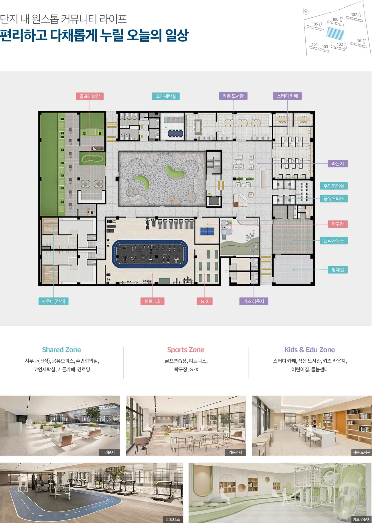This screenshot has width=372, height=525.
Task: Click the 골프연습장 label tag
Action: coord(90,96)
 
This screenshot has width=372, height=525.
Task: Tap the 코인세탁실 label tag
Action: coord(166,96)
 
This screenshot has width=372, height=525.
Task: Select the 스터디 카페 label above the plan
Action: coord(287,96)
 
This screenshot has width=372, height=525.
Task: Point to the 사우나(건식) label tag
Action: coord(54,301)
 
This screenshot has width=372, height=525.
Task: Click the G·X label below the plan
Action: coord(205,301)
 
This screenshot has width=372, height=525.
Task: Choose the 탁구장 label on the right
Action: coord(338,224)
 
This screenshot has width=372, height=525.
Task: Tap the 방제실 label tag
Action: coord(338,270)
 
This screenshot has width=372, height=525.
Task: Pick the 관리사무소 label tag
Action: coord(334,241)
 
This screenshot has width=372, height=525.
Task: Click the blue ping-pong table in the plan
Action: coord(207,231)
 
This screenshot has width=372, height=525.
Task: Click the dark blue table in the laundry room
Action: coord(175,133)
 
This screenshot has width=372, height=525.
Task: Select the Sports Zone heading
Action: coord(186,350)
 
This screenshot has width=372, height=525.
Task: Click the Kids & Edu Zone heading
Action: coord(310,350)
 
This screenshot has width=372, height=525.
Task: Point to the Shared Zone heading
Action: coord(62,350)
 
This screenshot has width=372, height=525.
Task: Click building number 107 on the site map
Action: coord(354,15)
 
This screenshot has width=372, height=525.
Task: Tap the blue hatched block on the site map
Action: coord(335,33)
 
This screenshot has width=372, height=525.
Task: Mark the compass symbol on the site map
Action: coord(306,12)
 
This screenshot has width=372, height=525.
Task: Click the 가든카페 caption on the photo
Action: coord(236,452)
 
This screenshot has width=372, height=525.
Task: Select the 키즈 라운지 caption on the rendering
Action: coord(361,519)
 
